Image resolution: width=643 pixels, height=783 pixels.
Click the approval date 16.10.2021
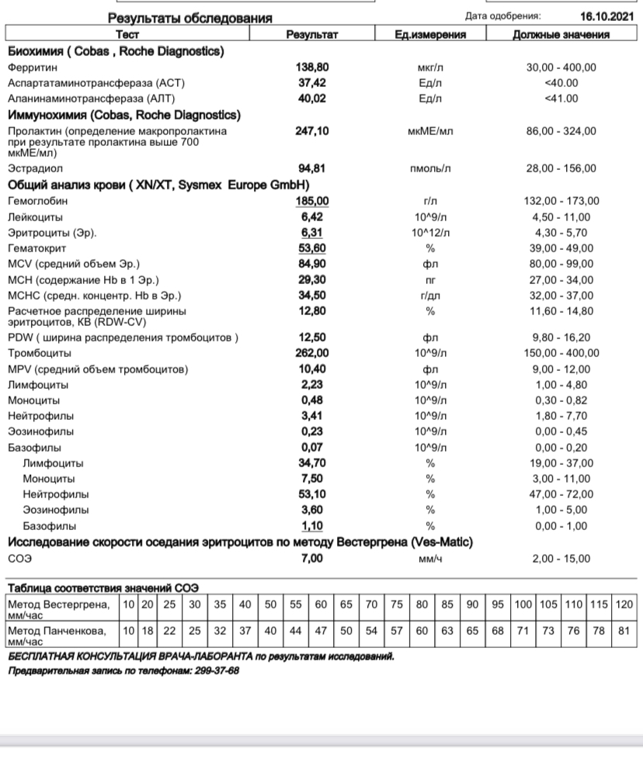[606, 16]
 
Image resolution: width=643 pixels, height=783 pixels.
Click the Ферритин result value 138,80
[313, 68]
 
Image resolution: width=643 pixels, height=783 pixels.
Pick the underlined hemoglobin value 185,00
[313, 202]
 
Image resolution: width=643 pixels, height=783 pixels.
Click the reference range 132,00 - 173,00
[561, 202]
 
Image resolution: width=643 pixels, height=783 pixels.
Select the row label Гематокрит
[36, 248]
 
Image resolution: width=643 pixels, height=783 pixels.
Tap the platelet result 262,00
[313, 354]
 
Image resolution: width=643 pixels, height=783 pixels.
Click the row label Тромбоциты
[39, 354]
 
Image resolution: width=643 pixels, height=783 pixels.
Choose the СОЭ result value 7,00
[313, 559]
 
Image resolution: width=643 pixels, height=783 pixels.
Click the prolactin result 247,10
[313, 132]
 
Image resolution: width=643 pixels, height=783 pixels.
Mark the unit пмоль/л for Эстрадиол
[429, 168]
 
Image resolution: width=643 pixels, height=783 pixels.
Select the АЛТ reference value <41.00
[561, 99]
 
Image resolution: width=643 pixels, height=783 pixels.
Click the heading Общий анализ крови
[70, 185]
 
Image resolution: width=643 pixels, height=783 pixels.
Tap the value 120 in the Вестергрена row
[624, 605]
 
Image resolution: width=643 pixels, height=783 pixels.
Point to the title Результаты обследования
[189, 17]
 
